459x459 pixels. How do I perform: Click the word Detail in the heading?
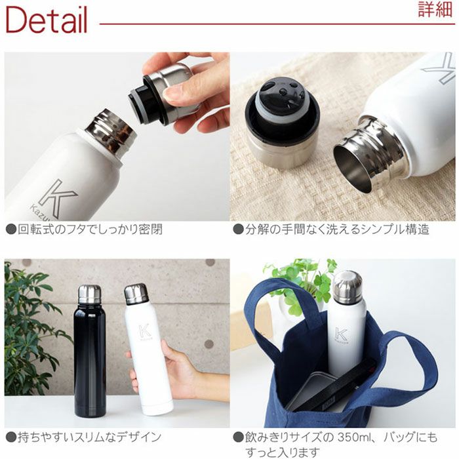(x=46, y=20)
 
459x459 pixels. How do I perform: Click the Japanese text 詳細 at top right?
(x=435, y=10)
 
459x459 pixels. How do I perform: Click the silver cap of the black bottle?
(x=89, y=294)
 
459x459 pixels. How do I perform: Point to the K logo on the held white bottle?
(x=145, y=332)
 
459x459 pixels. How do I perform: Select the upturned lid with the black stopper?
(x=282, y=125)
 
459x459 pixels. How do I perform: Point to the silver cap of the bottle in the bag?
(x=347, y=287)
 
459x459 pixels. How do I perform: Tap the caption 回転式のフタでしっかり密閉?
(x=85, y=230)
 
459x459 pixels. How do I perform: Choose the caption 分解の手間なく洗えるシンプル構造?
(x=331, y=230)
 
